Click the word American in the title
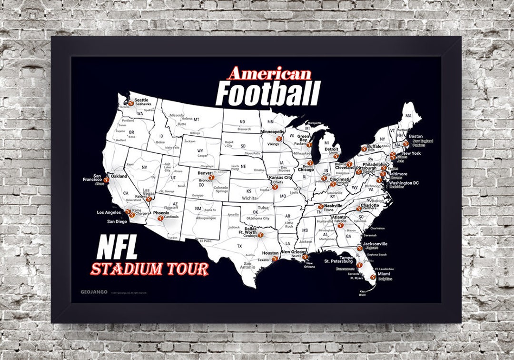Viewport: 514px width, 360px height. tap(269, 74)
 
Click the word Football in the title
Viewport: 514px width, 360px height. tap(268, 93)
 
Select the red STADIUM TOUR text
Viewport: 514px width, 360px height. tap(150, 269)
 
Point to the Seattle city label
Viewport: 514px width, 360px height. tap(141, 100)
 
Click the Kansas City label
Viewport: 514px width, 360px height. tap(280, 177)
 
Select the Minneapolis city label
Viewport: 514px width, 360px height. tap(272, 131)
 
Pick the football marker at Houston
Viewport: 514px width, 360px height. tap(275, 259)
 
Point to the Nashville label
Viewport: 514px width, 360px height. tap(334, 206)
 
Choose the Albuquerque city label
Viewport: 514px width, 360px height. tap(206, 218)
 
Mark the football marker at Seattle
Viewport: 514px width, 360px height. tap(130, 102)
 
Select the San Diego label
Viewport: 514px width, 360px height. tap(117, 221)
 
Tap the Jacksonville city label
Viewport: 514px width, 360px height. tap(375, 244)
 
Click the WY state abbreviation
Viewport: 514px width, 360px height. tap(200, 151)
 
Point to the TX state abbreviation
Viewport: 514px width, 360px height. tap(240, 246)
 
